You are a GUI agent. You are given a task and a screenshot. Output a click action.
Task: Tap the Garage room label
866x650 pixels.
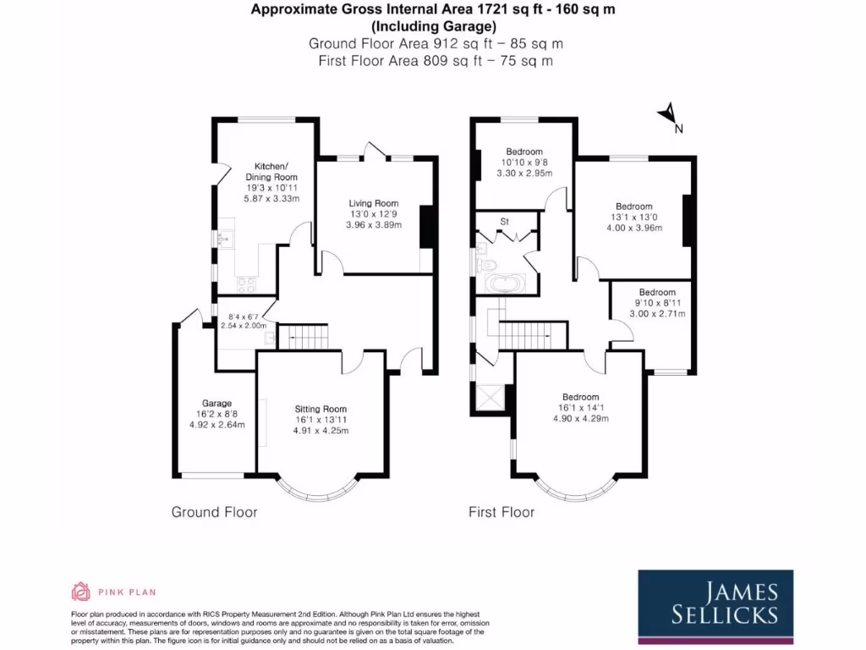[216, 403]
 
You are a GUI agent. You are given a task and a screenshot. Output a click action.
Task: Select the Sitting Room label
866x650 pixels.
[321, 408]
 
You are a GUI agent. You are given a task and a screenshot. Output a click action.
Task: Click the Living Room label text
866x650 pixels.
[373, 203]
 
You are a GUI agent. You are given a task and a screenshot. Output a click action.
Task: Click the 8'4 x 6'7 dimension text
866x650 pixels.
[243, 317]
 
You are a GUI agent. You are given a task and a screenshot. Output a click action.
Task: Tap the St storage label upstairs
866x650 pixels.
[505, 222]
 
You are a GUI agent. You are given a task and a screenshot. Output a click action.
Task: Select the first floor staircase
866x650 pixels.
[530, 337]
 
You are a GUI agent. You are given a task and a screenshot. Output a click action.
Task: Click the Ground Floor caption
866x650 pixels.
[214, 512]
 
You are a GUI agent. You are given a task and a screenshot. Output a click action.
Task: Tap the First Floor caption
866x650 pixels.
[502, 512]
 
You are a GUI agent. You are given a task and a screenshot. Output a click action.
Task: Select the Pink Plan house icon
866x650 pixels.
[80, 591]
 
